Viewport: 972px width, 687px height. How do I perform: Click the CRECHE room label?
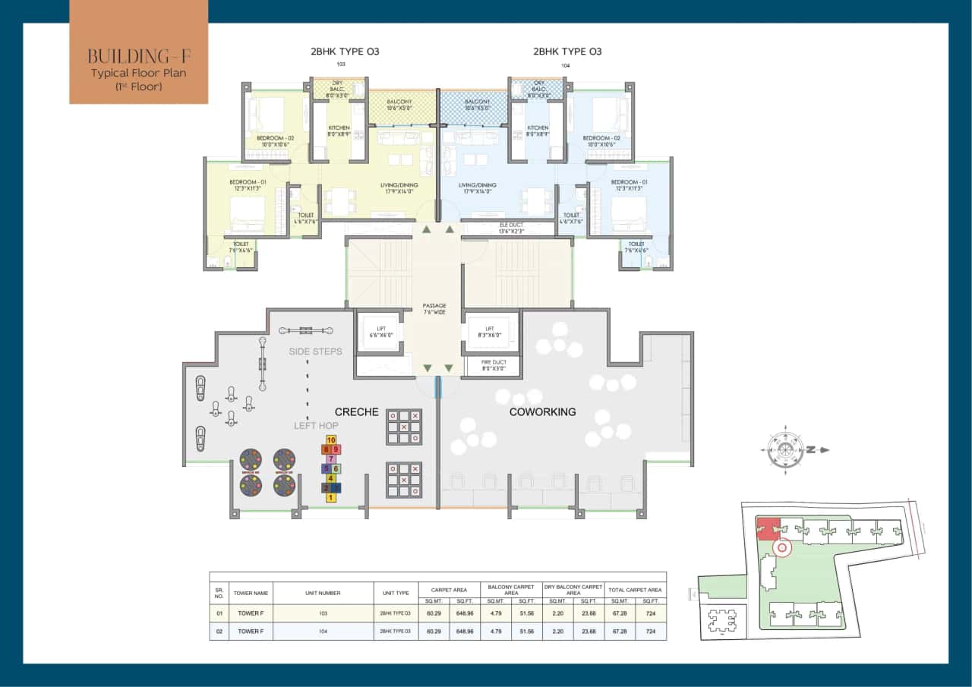pyautogui.click(x=356, y=412)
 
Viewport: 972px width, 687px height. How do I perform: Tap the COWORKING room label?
pyautogui.click(x=542, y=412)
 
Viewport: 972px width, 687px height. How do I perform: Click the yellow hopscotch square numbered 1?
pyautogui.click(x=331, y=498)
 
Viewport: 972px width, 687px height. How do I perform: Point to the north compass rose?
pyautogui.click(x=781, y=449)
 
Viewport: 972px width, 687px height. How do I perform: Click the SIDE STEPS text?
pyautogui.click(x=316, y=352)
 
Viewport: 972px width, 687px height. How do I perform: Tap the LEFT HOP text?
pyautogui.click(x=316, y=426)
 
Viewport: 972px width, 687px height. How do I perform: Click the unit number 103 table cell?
pyautogui.click(x=323, y=610)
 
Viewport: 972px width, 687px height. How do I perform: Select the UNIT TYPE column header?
pyautogui.click(x=395, y=593)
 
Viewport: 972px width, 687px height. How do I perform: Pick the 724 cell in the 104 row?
pyautogui.click(x=651, y=632)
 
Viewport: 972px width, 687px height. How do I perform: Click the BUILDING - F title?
pyautogui.click(x=138, y=56)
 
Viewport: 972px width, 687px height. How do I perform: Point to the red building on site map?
pyautogui.click(x=768, y=527)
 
